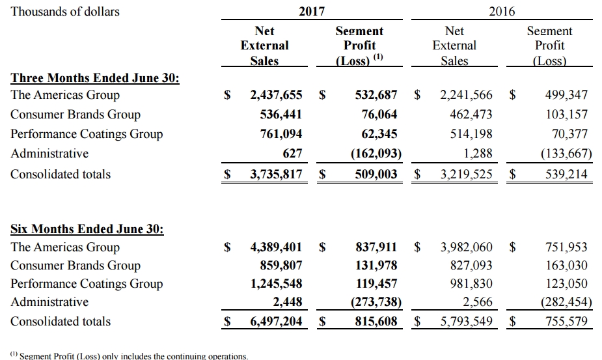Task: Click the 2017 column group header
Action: click(x=312, y=11)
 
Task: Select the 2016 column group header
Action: click(x=502, y=11)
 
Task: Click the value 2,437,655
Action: click(x=276, y=94)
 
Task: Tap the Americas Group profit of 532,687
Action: click(x=376, y=94)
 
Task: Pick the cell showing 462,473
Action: click(x=471, y=114)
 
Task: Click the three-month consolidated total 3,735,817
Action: click(x=276, y=174)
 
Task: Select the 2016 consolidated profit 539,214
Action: click(x=566, y=174)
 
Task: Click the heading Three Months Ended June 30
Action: click(x=95, y=78)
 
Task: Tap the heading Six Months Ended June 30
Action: click(x=87, y=229)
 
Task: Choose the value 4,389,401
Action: click(x=276, y=247)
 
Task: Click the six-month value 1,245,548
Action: click(x=276, y=284)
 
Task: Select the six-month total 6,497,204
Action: click(x=276, y=321)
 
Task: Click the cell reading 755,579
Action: click(x=566, y=321)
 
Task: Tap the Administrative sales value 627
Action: click(x=292, y=153)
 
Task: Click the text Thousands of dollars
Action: click(x=65, y=12)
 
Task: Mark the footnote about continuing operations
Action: click(x=130, y=356)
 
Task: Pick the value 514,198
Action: click(x=471, y=133)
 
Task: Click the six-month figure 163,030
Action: click(x=566, y=265)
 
